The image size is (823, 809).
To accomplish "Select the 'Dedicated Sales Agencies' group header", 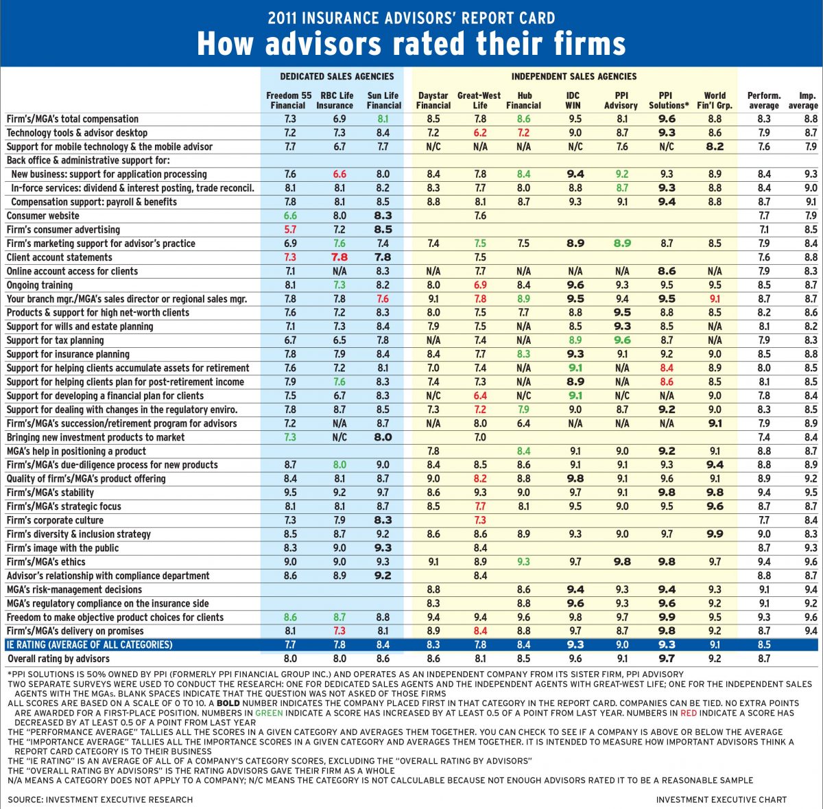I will tap(337, 76).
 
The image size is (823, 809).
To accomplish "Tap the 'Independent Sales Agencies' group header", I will tap(573, 76).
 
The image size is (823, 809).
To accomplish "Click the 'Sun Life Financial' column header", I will tap(383, 100).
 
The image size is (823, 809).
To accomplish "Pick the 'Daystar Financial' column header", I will tap(433, 100).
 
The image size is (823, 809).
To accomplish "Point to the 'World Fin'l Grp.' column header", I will tap(714, 100).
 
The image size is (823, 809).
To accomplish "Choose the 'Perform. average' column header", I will tap(763, 100).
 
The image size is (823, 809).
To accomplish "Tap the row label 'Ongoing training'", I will tap(40, 285).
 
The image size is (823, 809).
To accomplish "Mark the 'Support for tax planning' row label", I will tap(56, 340).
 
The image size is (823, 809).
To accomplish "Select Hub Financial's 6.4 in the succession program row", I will tap(524, 423).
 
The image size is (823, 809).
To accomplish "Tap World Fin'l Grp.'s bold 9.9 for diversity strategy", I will tap(714, 534).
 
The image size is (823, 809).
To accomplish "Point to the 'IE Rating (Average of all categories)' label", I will tap(89, 645).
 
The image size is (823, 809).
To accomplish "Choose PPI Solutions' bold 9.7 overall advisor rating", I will tap(666, 659).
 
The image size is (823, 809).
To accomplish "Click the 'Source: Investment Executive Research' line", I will tap(100, 799).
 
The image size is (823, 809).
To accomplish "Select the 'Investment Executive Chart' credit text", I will tap(721, 799).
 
